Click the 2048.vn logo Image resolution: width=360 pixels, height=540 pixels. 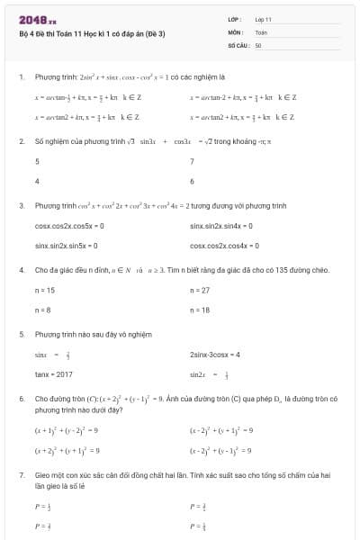pyautogui.click(x=37, y=18)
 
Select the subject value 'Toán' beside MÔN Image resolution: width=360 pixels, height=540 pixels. pyautogui.click(x=261, y=31)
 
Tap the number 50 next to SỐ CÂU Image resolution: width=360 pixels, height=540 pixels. pyautogui.click(x=258, y=44)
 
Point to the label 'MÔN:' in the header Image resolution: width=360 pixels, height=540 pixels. pyautogui.click(x=236, y=31)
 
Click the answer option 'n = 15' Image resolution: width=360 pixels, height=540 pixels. pyautogui.click(x=45, y=291)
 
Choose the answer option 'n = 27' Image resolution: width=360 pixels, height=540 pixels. pyautogui.click(x=200, y=291)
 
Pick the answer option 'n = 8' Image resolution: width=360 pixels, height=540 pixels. pyautogui.click(x=42, y=310)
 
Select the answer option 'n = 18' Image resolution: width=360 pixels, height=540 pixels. pyautogui.click(x=200, y=310)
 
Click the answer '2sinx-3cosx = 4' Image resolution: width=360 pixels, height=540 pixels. pyautogui.click(x=215, y=355)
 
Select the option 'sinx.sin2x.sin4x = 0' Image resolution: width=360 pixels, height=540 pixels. pyautogui.click(x=221, y=226)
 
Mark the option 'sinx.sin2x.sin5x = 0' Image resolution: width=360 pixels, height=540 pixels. pyautogui.click(x=66, y=245)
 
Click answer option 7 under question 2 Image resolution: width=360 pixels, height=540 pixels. pyautogui.click(x=193, y=162)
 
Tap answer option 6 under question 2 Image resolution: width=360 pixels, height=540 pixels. pyautogui.click(x=193, y=181)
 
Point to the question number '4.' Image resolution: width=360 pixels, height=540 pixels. pyautogui.click(x=21, y=270)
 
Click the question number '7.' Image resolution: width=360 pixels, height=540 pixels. pyautogui.click(x=21, y=473)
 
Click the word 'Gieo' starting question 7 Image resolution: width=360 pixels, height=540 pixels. pyautogui.click(x=42, y=473)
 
